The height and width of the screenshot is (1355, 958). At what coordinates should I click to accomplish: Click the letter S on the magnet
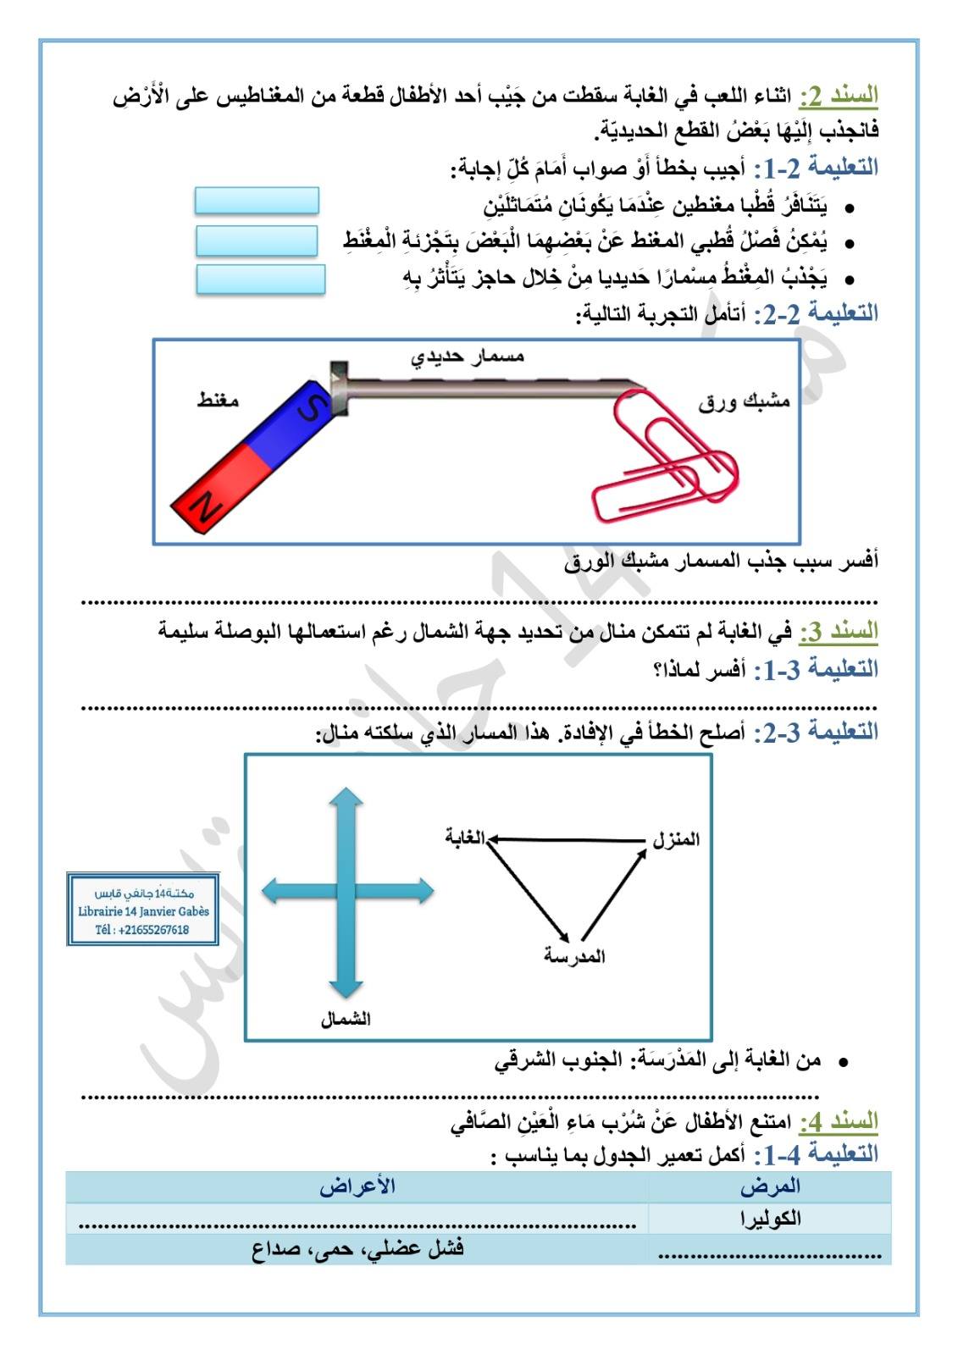coord(312,408)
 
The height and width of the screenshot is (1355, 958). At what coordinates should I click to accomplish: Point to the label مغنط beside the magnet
coord(218,400)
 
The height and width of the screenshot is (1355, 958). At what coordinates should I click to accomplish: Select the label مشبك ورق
coord(744,401)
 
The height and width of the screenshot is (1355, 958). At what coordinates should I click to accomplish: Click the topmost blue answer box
coord(257,201)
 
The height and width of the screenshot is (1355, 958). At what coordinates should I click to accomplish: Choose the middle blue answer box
coord(257,241)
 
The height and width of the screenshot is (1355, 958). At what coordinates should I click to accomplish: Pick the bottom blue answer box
coord(260,279)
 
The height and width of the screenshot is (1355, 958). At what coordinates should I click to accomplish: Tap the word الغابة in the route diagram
coord(465,838)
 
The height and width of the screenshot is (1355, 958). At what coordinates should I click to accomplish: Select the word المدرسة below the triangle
coord(574,957)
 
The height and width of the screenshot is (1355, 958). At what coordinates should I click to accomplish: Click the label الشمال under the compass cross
coord(345,1019)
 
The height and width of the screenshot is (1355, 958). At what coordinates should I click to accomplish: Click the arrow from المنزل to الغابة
coord(568,839)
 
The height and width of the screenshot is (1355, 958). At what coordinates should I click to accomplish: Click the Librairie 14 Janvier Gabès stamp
coord(143,910)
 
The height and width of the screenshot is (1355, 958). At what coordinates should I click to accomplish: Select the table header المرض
coord(770,1186)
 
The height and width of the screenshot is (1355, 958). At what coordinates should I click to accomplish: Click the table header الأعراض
coord(357,1186)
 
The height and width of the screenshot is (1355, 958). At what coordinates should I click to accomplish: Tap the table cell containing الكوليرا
coord(770,1218)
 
